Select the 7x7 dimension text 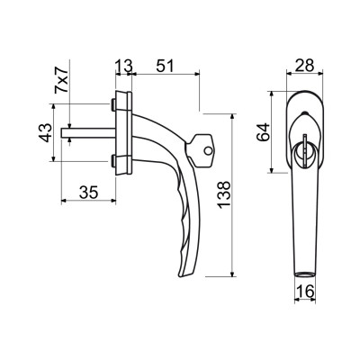(x=61, y=82)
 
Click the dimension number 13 (x=124, y=67)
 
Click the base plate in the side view (x=123, y=132)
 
